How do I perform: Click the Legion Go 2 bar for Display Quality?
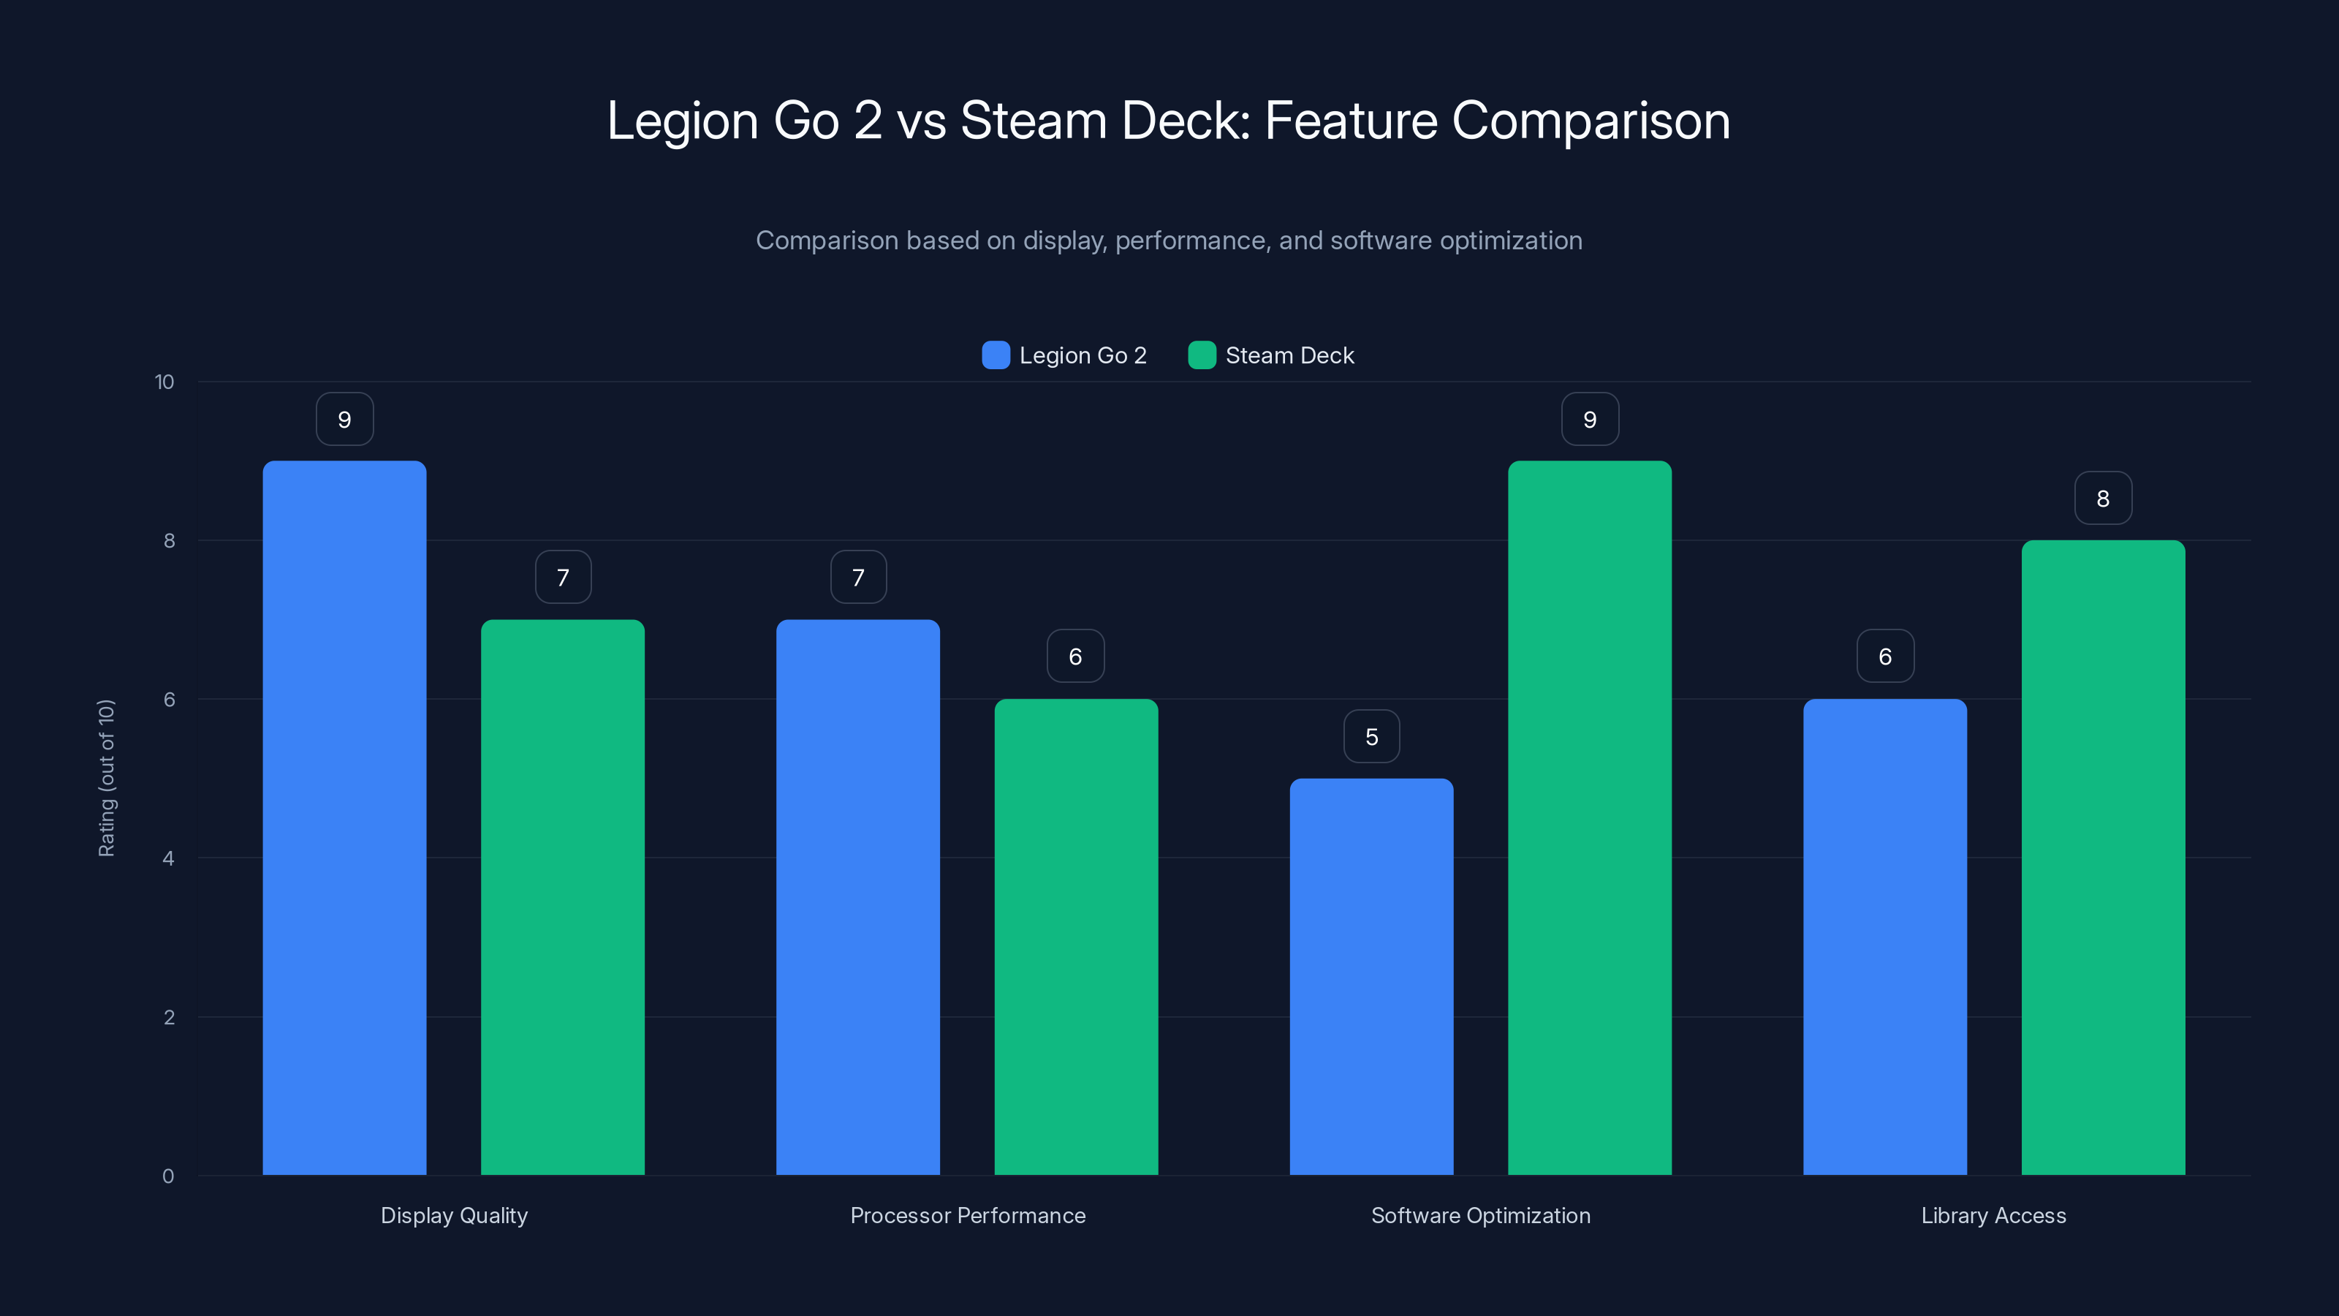click(344, 817)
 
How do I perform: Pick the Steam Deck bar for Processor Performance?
click(1076, 937)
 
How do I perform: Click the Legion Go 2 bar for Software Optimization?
click(1371, 976)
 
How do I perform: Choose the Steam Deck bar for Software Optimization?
click(1589, 817)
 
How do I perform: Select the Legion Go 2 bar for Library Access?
click(1885, 937)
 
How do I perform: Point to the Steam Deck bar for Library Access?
click(2103, 858)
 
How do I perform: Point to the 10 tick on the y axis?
click(164, 382)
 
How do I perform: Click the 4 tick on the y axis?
click(169, 858)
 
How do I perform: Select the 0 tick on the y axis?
click(169, 1176)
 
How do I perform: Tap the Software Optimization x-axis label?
click(1480, 1215)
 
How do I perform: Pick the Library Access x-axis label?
click(1993, 1215)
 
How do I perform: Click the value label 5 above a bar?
click(1371, 736)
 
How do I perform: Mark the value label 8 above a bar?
click(2103, 499)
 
